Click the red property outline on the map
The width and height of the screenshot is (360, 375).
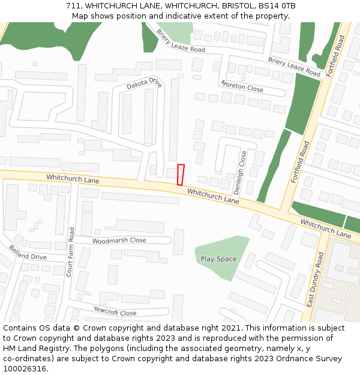coord(181,175)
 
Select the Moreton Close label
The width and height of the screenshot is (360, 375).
coord(241,86)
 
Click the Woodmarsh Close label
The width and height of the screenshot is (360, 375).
coord(119,241)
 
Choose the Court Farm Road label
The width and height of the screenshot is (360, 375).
coord(71,251)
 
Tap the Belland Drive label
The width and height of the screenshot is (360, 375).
coord(27,252)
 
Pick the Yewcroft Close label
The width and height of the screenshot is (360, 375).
coord(115,310)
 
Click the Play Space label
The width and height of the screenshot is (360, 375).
coord(218,259)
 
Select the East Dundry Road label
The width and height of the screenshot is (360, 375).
coord(315,280)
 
